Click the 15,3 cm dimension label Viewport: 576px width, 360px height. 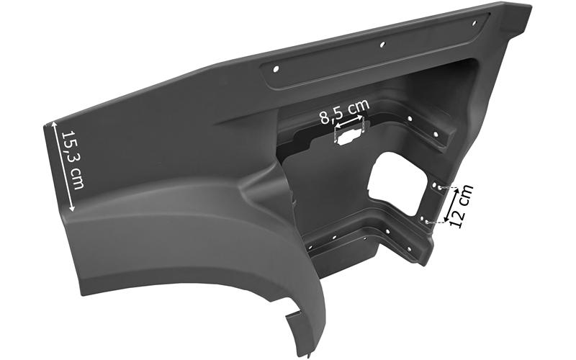coord(73,160)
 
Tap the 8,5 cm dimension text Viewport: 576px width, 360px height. coord(344,111)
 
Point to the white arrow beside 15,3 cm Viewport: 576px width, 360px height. coord(63,166)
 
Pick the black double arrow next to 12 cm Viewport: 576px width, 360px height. coord(451,205)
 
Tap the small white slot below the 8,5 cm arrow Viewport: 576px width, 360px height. coord(348,138)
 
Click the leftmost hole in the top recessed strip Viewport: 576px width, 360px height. coord(276,68)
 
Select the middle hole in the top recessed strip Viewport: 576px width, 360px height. coord(382,45)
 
